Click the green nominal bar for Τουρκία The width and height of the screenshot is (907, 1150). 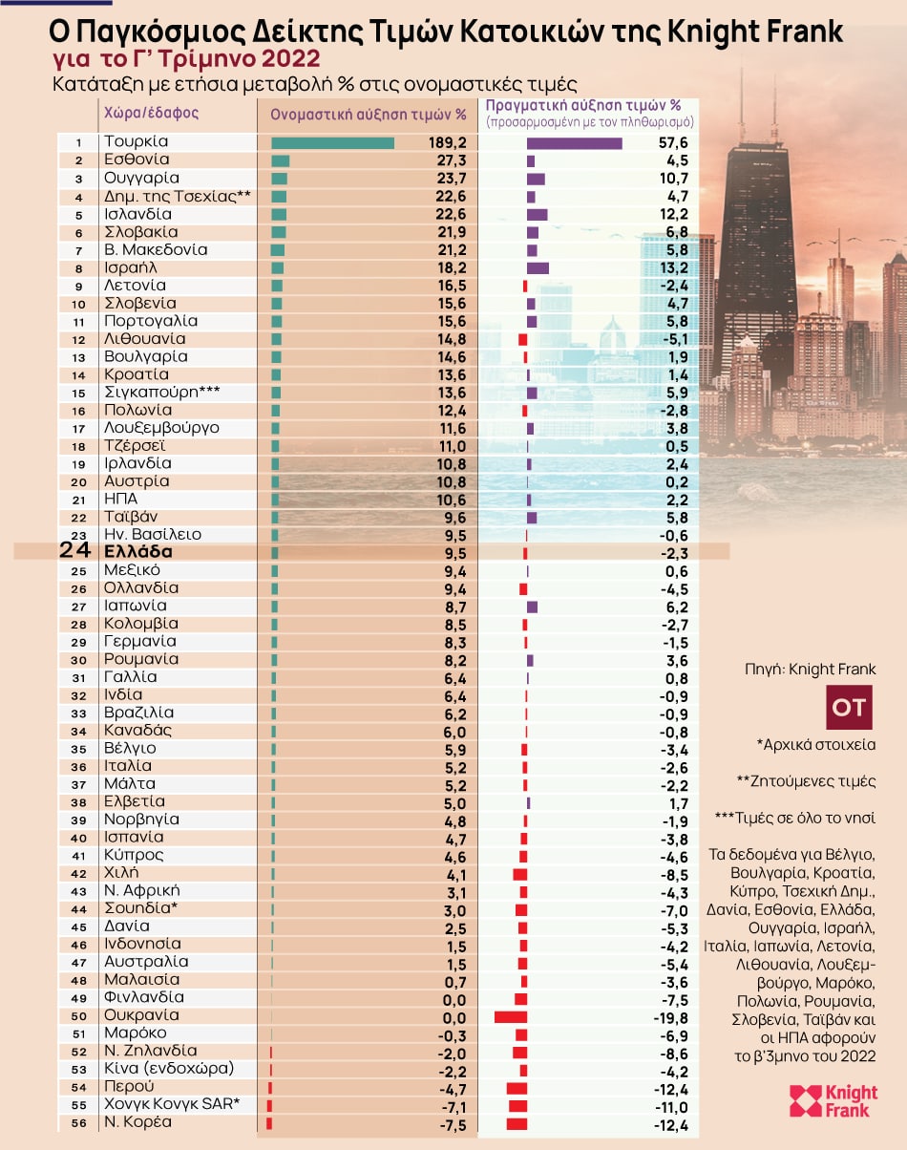(332, 143)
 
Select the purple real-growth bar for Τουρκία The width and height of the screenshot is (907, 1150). (574, 143)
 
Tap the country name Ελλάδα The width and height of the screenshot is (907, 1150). (138, 552)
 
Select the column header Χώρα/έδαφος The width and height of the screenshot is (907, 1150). (151, 112)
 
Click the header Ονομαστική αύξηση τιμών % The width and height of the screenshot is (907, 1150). (368, 115)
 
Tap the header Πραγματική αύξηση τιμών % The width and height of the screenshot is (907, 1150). (583, 106)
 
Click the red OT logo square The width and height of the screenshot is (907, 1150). (849, 708)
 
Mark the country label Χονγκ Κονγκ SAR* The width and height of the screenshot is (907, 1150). (172, 1105)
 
